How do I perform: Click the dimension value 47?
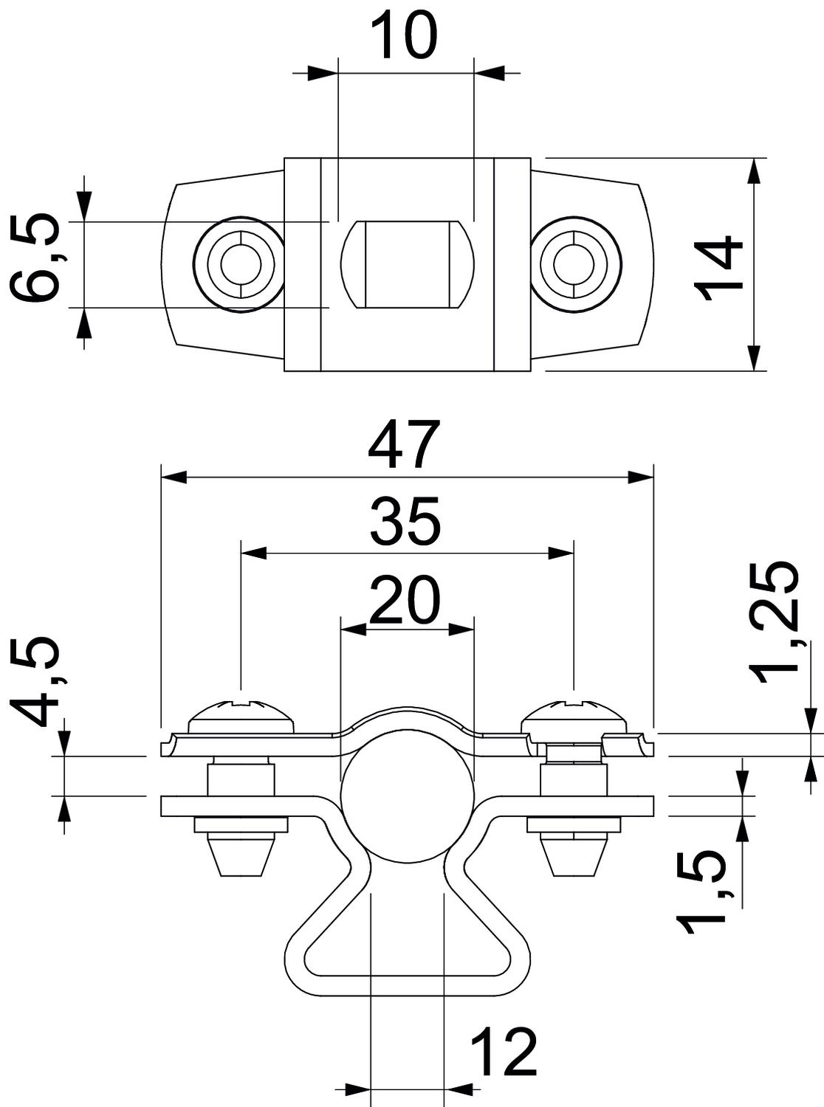tap(405, 445)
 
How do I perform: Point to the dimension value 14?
tap(719, 267)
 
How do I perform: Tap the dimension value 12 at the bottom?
tap(503, 1052)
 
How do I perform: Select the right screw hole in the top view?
tap(573, 263)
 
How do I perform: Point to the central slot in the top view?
tap(405, 263)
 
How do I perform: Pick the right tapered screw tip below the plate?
tap(573, 856)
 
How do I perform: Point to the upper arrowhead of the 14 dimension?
tap(753, 170)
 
